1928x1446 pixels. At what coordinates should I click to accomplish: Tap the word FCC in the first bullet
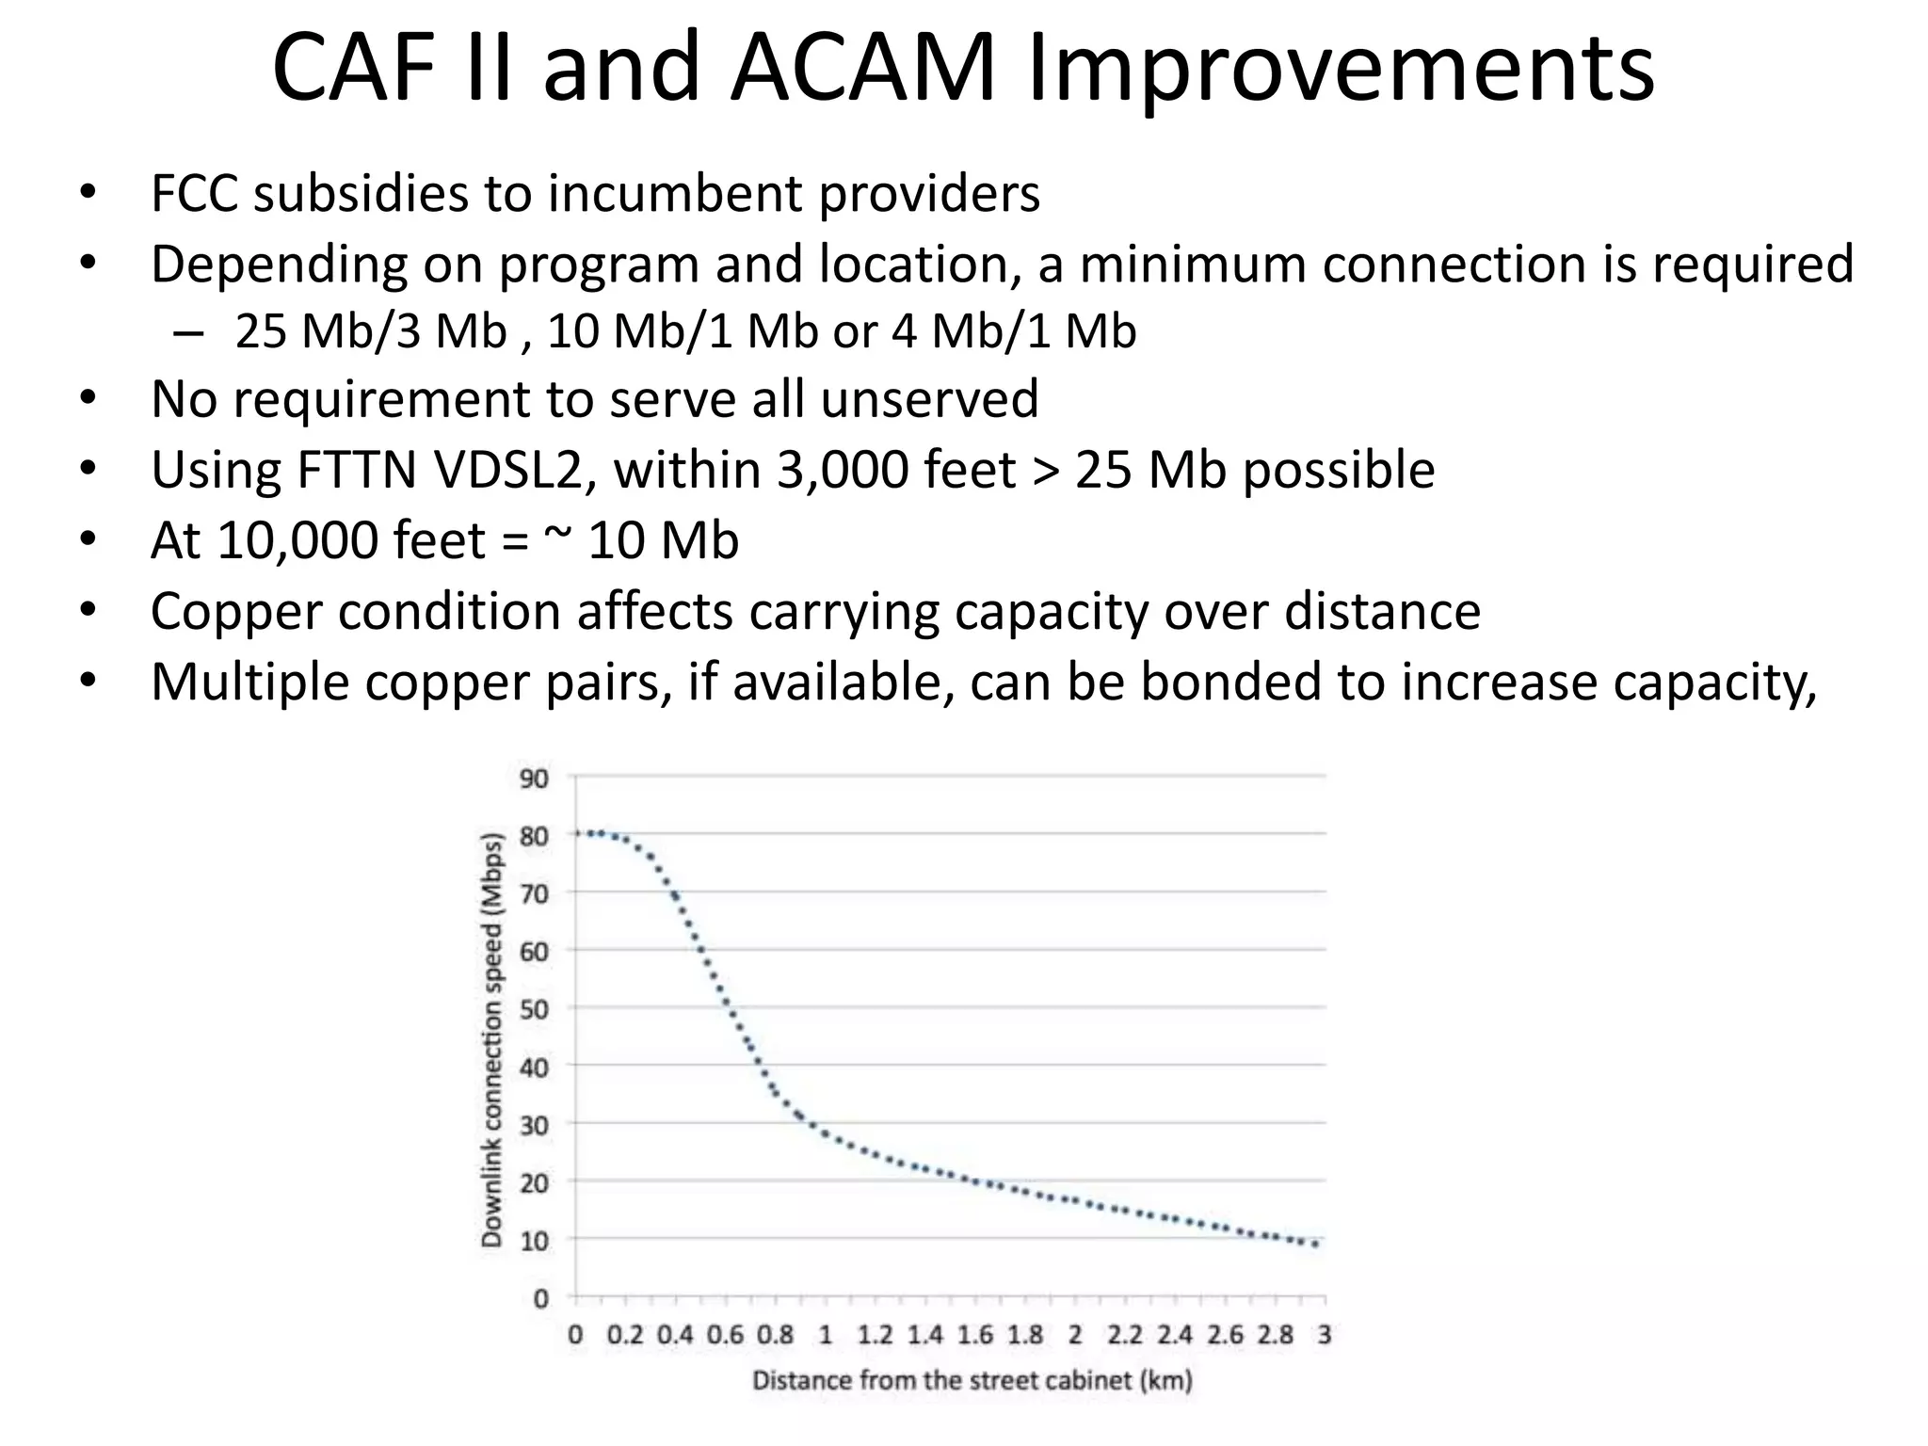pos(193,194)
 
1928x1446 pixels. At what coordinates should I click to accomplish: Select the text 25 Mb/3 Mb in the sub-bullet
pos(370,331)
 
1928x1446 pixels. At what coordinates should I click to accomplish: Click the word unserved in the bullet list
pos(929,399)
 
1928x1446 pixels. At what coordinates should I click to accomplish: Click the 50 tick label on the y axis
pos(533,1010)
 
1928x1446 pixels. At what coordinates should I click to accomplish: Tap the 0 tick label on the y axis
pos(539,1299)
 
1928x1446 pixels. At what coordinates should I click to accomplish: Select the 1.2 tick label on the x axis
pos(875,1335)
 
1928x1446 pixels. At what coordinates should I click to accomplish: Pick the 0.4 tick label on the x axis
pos(675,1335)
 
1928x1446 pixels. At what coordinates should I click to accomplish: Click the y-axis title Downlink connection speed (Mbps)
pos(491,1039)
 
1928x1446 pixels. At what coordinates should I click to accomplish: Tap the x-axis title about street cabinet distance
pos(972,1381)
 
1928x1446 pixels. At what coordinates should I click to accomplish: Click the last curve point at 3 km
pos(1316,1245)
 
